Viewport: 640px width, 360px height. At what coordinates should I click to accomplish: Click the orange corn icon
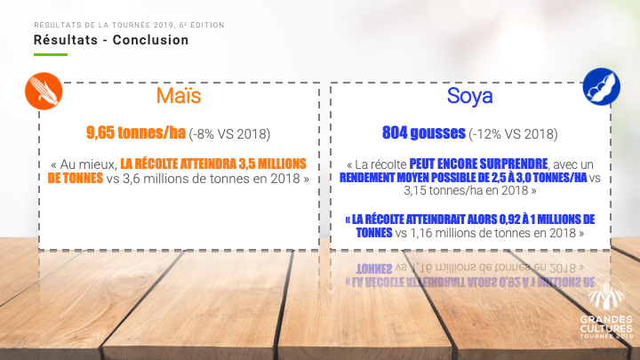point(44,91)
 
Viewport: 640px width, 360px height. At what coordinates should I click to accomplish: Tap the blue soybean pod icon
point(601,87)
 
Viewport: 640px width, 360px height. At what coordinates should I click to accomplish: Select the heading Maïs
point(179,95)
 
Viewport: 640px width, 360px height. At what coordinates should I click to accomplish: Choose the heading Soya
point(470,96)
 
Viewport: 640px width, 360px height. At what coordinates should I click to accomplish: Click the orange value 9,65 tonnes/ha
point(136,132)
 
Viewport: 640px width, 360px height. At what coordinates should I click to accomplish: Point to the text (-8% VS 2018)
point(230,134)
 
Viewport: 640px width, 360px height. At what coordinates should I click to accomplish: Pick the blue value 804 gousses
point(424,132)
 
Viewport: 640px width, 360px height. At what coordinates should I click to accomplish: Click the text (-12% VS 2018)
point(513,134)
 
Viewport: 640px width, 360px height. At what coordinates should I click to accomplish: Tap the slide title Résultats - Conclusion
point(111,40)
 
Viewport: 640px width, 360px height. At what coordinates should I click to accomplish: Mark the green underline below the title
point(51,54)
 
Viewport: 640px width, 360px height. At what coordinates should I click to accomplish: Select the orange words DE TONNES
point(76,178)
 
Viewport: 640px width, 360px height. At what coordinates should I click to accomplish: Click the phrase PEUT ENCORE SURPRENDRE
point(478,164)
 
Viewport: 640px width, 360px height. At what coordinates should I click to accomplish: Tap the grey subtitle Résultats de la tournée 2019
point(105,25)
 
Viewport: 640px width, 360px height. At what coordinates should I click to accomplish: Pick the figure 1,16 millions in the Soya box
point(442,233)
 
